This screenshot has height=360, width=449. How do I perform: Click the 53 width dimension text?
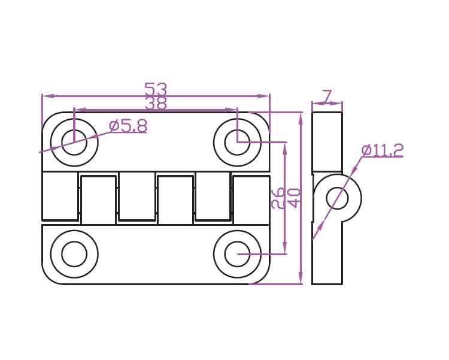pos(156,89)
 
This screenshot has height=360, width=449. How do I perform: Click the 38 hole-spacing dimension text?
pos(156,104)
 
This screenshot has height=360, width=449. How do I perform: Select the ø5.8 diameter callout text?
pos(128,126)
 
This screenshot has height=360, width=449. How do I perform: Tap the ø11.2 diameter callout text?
pos(383,150)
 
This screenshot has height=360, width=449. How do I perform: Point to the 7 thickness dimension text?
pos(326,96)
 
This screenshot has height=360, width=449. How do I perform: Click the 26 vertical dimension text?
pos(278,198)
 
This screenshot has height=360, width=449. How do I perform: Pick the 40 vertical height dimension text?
pos(293,198)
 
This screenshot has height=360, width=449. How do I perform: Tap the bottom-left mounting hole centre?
pos(74,254)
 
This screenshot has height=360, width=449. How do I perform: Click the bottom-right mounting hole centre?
pos(237,254)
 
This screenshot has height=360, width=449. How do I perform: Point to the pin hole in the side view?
pos(338,198)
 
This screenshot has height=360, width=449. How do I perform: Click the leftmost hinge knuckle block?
pos(60,196)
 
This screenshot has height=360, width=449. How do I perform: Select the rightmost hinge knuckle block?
pos(251,200)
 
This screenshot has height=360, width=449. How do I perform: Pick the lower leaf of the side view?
pos(327,255)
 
